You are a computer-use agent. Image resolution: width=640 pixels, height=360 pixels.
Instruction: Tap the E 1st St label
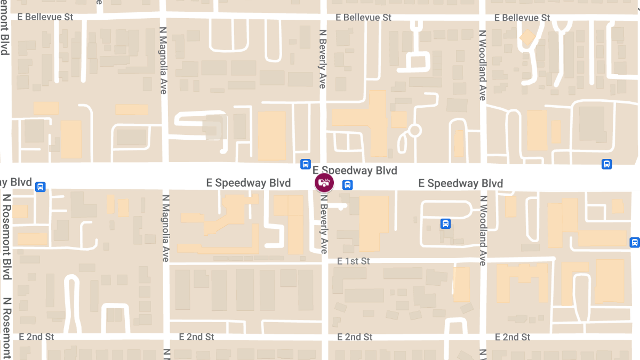354,261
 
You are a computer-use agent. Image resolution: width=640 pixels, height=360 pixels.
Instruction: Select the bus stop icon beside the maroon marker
347,185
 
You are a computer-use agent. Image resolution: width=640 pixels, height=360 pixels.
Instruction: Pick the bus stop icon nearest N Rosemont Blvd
40,187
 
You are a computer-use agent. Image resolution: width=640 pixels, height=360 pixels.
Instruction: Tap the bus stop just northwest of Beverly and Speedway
305,164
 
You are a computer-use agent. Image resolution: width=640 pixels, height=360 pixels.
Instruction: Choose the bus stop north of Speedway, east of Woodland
606,164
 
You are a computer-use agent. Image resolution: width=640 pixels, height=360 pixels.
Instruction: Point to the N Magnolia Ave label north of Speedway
163,60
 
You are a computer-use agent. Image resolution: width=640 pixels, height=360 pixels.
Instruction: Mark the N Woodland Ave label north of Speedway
482,65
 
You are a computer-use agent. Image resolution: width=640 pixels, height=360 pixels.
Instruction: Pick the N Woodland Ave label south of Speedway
482,230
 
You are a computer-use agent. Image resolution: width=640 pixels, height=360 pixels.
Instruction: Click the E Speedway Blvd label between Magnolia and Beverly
249,183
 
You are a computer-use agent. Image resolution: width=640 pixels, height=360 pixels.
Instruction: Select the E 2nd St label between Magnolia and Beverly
196,337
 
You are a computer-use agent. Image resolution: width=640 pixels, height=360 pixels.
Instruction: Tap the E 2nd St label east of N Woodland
513,337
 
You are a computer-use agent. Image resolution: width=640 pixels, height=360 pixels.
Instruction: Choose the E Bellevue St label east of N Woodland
522,18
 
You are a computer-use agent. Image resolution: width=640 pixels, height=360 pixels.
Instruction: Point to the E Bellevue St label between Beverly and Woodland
363,18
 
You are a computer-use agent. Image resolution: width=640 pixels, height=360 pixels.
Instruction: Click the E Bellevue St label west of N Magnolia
46,17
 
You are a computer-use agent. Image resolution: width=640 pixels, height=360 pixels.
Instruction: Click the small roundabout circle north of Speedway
415,130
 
